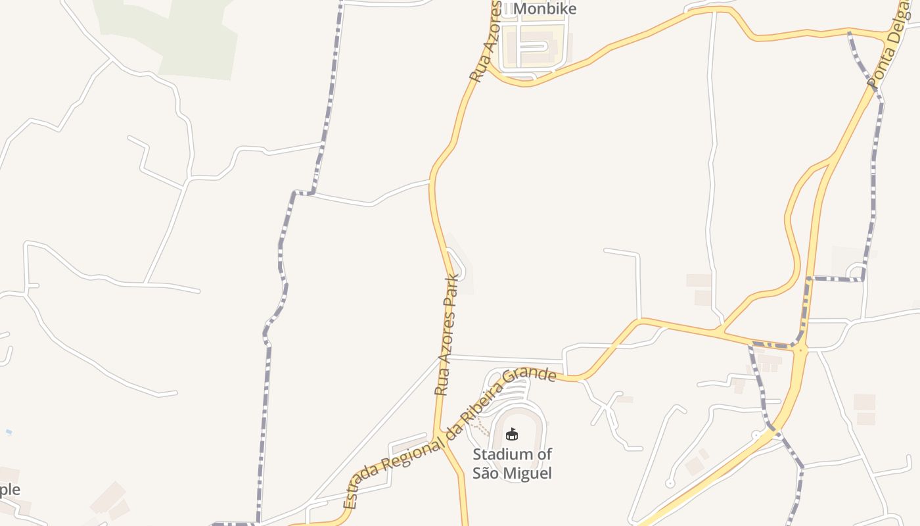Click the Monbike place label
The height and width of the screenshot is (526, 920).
(545, 9)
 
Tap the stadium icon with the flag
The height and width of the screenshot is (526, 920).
(512, 434)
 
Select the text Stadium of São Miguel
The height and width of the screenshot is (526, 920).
(512, 464)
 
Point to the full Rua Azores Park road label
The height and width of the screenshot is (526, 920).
(447, 335)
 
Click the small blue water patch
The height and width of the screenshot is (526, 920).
(8, 431)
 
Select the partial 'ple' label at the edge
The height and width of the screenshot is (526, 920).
(10, 490)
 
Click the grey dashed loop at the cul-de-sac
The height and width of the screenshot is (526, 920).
(856, 272)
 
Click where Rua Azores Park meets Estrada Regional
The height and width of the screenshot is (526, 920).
(436, 433)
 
